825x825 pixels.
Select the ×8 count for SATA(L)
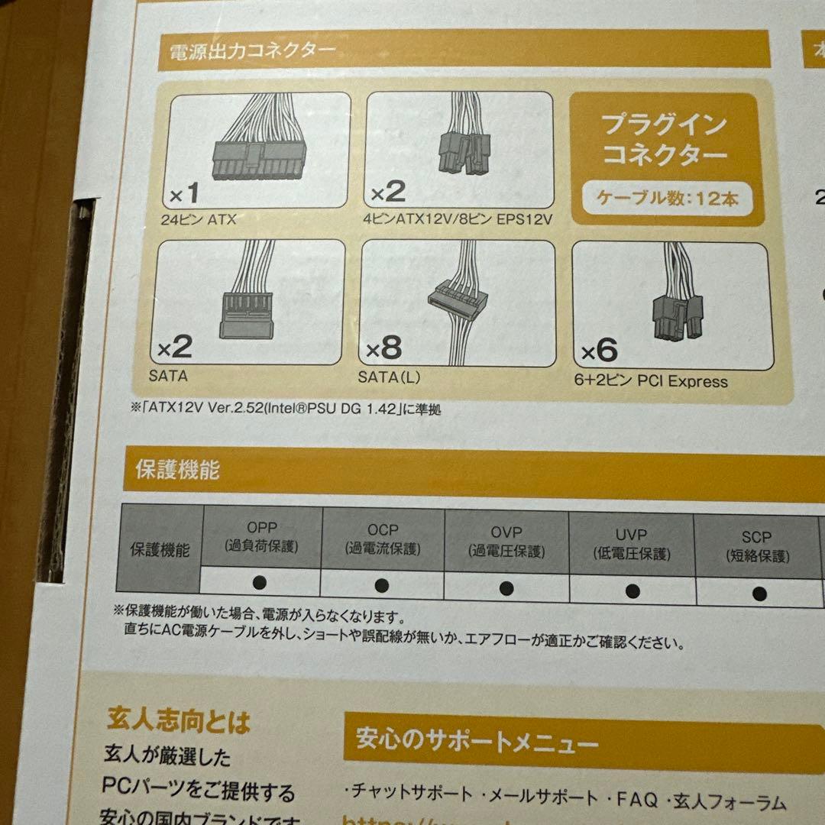[x=383, y=348]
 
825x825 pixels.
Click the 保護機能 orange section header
[x=177, y=469]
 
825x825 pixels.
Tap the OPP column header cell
[x=262, y=536]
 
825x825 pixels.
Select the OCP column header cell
[x=383, y=538]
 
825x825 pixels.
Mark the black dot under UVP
[x=632, y=589]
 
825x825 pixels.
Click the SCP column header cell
[x=756, y=545]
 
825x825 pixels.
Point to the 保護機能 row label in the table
[x=159, y=548]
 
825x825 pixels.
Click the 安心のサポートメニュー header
[x=478, y=740]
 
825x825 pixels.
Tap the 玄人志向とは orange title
[x=179, y=720]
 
